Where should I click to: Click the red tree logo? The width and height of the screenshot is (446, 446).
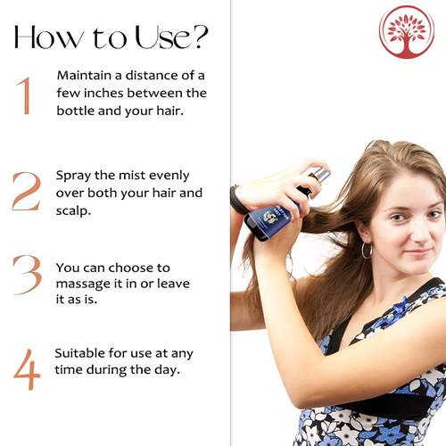tap(407, 32)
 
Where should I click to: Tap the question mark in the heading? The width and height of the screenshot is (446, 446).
tap(198, 37)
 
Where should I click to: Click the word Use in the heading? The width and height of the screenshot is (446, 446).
tap(161, 37)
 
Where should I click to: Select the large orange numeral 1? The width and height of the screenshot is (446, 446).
tap(24, 95)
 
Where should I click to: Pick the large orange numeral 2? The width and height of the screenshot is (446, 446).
tap(26, 192)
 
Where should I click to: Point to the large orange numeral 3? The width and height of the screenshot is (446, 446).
tap(28, 275)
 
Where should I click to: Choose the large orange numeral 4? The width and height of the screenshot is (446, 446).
tap(27, 369)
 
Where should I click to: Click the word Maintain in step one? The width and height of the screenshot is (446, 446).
tap(84, 75)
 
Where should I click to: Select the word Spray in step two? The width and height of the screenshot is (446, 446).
tap(73, 176)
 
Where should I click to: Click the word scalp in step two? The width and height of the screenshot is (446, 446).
tap(72, 211)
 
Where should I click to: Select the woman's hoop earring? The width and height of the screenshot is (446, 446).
tap(367, 251)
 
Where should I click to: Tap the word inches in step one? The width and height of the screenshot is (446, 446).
tap(103, 93)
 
